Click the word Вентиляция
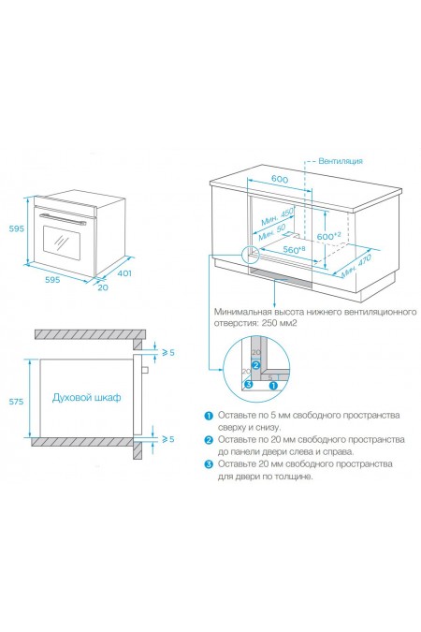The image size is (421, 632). [341, 161]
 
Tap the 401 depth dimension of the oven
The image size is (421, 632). [124, 273]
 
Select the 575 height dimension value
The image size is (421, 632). [17, 402]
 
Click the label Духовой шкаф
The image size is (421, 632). [87, 397]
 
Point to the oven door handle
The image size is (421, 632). [63, 219]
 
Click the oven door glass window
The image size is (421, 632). [62, 241]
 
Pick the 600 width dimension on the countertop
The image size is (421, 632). [279, 179]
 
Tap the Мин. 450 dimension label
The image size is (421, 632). [278, 217]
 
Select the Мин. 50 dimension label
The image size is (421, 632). [272, 232]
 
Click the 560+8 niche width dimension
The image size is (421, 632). [294, 249]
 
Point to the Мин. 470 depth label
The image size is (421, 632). [356, 266]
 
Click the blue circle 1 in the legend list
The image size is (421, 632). [209, 416]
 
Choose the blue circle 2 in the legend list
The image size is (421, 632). [209, 440]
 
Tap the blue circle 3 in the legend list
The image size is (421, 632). [209, 464]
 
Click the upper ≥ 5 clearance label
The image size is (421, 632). [168, 352]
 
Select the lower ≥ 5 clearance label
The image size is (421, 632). [168, 439]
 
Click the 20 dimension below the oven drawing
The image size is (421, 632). [103, 287]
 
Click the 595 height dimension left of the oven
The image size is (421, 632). [17, 228]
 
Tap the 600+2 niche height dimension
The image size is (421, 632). [328, 236]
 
